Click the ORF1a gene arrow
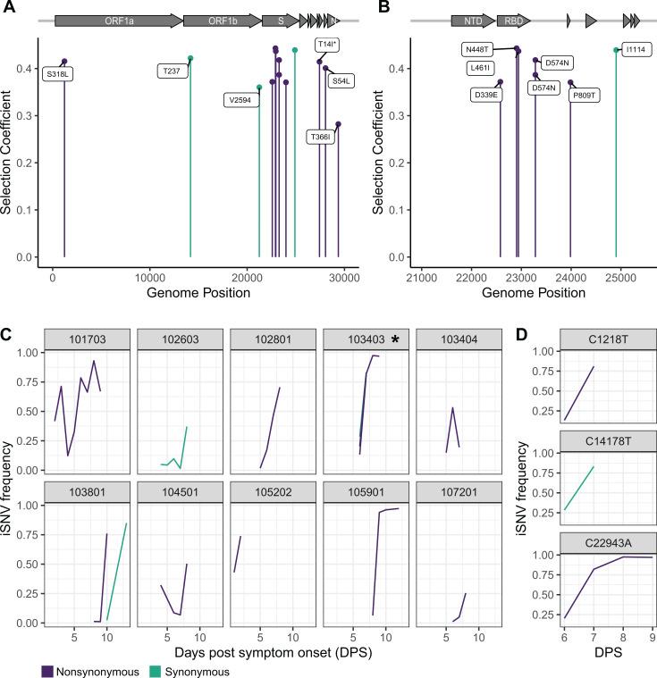[x=117, y=19]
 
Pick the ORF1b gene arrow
[x=222, y=19]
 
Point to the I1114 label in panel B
[x=635, y=49]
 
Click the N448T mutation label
[x=478, y=48]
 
